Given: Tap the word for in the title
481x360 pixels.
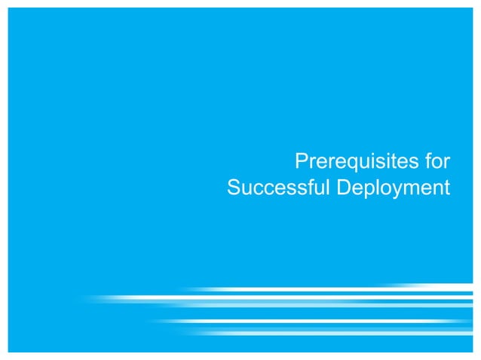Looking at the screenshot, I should click(x=435, y=162).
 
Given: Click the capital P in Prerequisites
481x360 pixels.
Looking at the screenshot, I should click(x=300, y=162).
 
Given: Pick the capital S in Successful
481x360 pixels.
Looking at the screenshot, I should click(x=233, y=187).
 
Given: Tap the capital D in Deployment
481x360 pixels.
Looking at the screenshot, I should click(x=342, y=187).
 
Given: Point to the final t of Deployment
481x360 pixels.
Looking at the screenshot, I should click(x=447, y=187).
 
